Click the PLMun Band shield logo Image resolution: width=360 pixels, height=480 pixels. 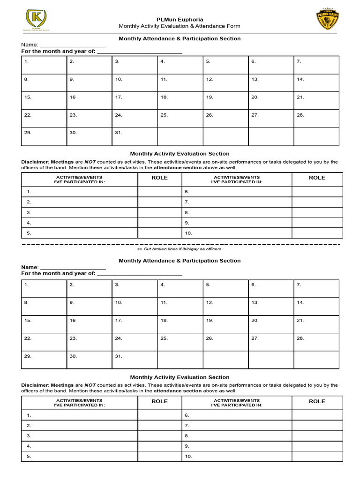328,20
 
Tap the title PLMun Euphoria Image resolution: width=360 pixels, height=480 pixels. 180,19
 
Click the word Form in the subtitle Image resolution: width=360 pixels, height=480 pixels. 233,26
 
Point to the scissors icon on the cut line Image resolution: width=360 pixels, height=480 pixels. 140,249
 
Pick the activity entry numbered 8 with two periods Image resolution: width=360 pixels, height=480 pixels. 187,212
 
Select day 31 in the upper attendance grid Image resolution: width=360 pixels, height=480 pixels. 119,133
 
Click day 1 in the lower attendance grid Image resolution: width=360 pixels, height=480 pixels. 27,285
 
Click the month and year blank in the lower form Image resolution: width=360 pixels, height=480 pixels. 139,275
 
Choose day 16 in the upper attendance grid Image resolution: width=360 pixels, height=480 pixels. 73,97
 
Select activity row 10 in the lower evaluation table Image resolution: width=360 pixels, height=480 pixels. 188,457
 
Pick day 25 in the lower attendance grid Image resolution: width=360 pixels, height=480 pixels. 164,338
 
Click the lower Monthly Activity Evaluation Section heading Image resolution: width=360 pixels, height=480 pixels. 180,377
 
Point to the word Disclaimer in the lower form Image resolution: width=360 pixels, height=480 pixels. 35,385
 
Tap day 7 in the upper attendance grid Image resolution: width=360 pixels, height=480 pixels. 299,61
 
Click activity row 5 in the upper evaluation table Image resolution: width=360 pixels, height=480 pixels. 29,233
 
